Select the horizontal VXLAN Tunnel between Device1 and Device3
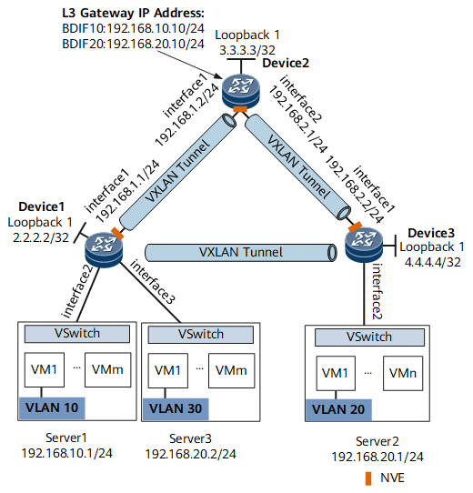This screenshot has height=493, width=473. [x=241, y=253]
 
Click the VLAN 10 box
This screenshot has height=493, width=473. [x=52, y=407]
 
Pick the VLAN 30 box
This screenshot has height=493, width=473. [x=176, y=408]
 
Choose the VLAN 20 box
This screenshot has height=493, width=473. [x=338, y=410]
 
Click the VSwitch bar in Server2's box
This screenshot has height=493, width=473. [x=369, y=337]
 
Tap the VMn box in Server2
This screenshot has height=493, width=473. [x=403, y=373]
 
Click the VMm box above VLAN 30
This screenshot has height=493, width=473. [x=231, y=370]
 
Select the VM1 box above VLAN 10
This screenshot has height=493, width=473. [x=45, y=369]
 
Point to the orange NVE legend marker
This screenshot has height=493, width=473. [x=368, y=478]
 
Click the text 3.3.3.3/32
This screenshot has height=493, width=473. [x=247, y=50]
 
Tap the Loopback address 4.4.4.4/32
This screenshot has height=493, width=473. [x=433, y=262]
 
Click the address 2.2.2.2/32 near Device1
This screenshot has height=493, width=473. [x=41, y=237]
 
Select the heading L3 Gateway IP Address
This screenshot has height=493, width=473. [x=134, y=14]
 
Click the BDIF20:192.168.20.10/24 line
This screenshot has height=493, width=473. [x=134, y=44]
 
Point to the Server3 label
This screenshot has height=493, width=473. [x=191, y=438]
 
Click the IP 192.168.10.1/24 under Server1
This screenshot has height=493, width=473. [x=67, y=453]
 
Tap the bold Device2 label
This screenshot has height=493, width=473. [x=286, y=63]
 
